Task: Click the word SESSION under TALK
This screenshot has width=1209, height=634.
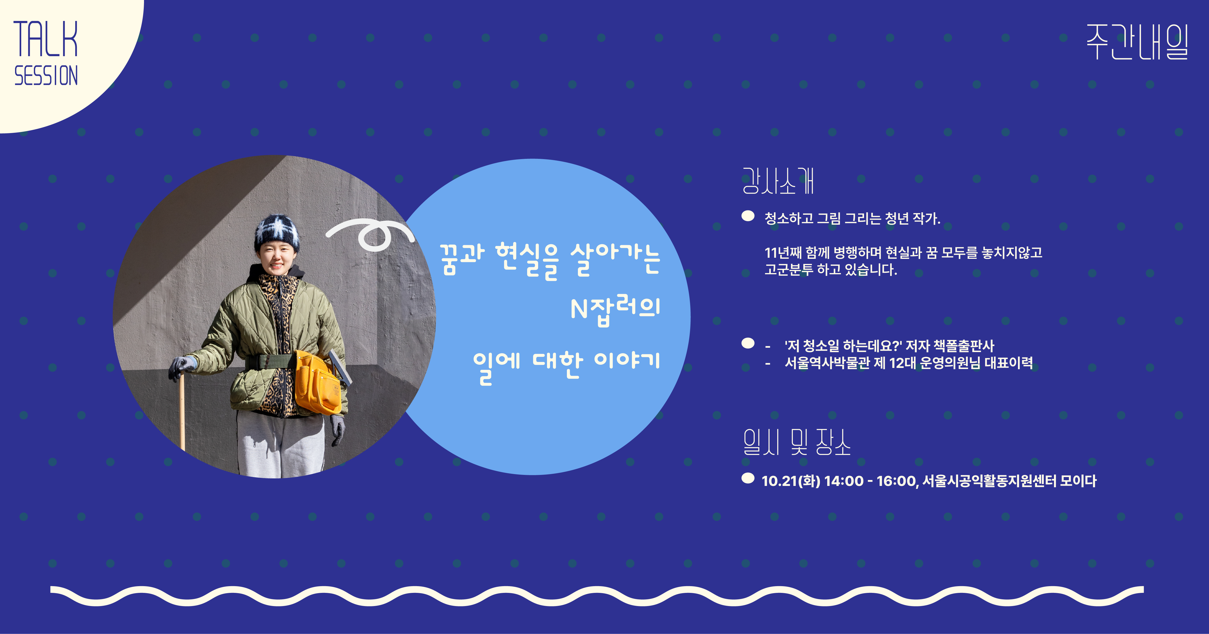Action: click(x=46, y=76)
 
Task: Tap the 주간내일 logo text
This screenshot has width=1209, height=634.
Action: click(x=1137, y=42)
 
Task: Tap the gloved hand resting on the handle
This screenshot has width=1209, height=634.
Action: click(x=182, y=366)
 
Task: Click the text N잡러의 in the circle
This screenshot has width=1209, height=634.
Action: click(x=615, y=310)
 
